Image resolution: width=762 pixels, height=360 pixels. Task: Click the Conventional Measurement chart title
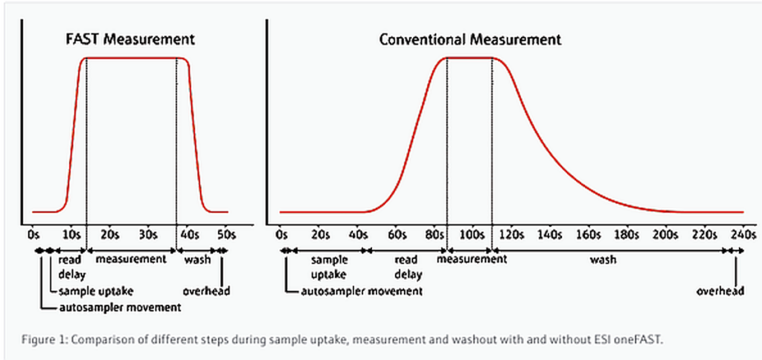[470, 39]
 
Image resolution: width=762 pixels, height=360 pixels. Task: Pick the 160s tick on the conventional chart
[588, 234]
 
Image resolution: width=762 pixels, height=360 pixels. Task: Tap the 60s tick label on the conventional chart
[398, 234]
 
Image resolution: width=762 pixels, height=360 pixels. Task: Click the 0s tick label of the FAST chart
[33, 234]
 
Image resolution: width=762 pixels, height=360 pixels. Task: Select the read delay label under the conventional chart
[407, 267]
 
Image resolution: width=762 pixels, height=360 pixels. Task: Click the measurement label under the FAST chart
[131, 260]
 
